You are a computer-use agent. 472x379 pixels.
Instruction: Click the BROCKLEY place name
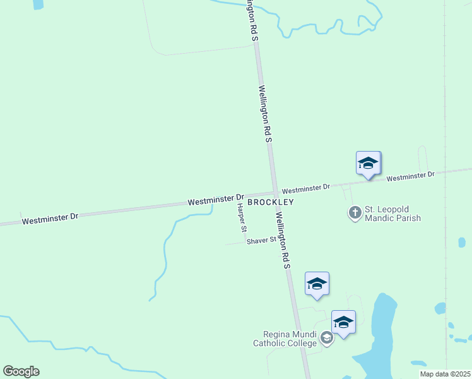[x=270, y=202]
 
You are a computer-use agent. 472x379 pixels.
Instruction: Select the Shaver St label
[x=261, y=241]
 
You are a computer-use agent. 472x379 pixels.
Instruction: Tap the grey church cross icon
[x=355, y=213]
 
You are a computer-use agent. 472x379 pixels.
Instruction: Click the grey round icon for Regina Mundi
[x=326, y=339]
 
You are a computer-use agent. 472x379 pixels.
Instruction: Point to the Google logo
[x=21, y=371]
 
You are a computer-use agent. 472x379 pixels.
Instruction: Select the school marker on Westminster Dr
[x=368, y=164]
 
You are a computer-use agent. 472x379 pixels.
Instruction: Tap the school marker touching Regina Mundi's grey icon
[x=343, y=323]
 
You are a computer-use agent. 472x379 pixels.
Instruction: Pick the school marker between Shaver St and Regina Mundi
[x=317, y=284]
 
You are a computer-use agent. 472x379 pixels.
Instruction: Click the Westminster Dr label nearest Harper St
[x=215, y=200]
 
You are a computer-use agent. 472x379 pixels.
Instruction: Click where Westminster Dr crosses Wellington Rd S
[x=274, y=192]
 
